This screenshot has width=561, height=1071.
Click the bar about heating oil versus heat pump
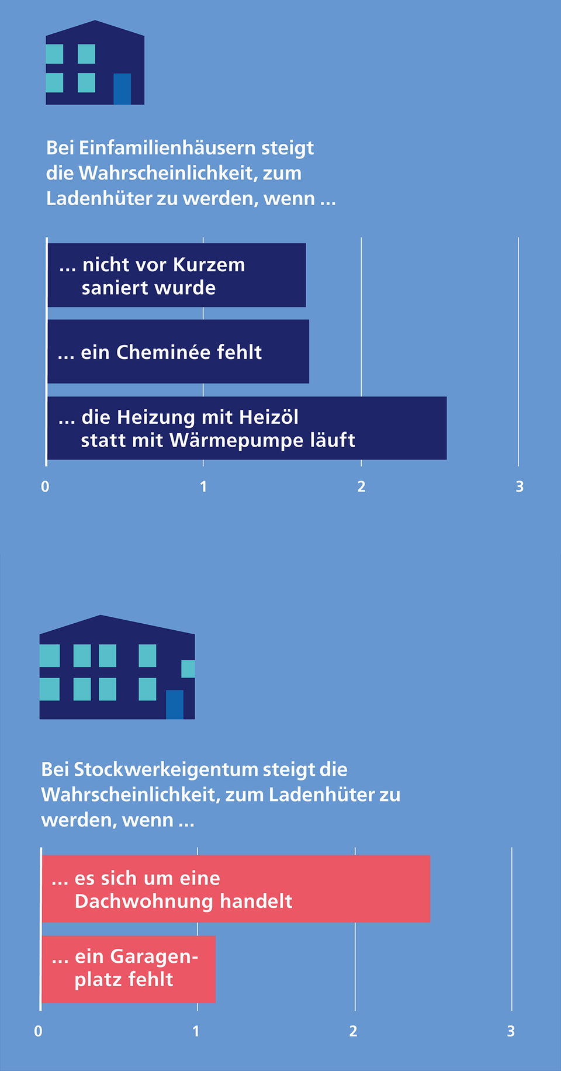coord(247,428)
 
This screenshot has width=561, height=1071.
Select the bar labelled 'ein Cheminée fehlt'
coord(178,351)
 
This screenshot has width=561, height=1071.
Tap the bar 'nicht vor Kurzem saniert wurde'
coord(176,275)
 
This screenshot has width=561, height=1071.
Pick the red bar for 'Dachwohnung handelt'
coord(236,889)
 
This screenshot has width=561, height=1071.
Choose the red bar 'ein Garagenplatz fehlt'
coord(129,969)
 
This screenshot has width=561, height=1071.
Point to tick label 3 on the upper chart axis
coord(520,486)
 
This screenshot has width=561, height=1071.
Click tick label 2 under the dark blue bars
coord(362,486)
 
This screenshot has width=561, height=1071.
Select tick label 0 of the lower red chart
coord(39,1031)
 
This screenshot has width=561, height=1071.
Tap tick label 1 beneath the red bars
coord(196,1031)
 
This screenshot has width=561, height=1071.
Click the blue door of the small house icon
coord(122,89)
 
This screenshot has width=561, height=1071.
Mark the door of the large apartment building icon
coord(175,704)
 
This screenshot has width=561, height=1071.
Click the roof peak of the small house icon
coord(95,21)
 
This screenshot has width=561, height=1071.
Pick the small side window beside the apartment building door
coord(188,669)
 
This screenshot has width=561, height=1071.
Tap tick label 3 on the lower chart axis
coord(511,1031)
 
